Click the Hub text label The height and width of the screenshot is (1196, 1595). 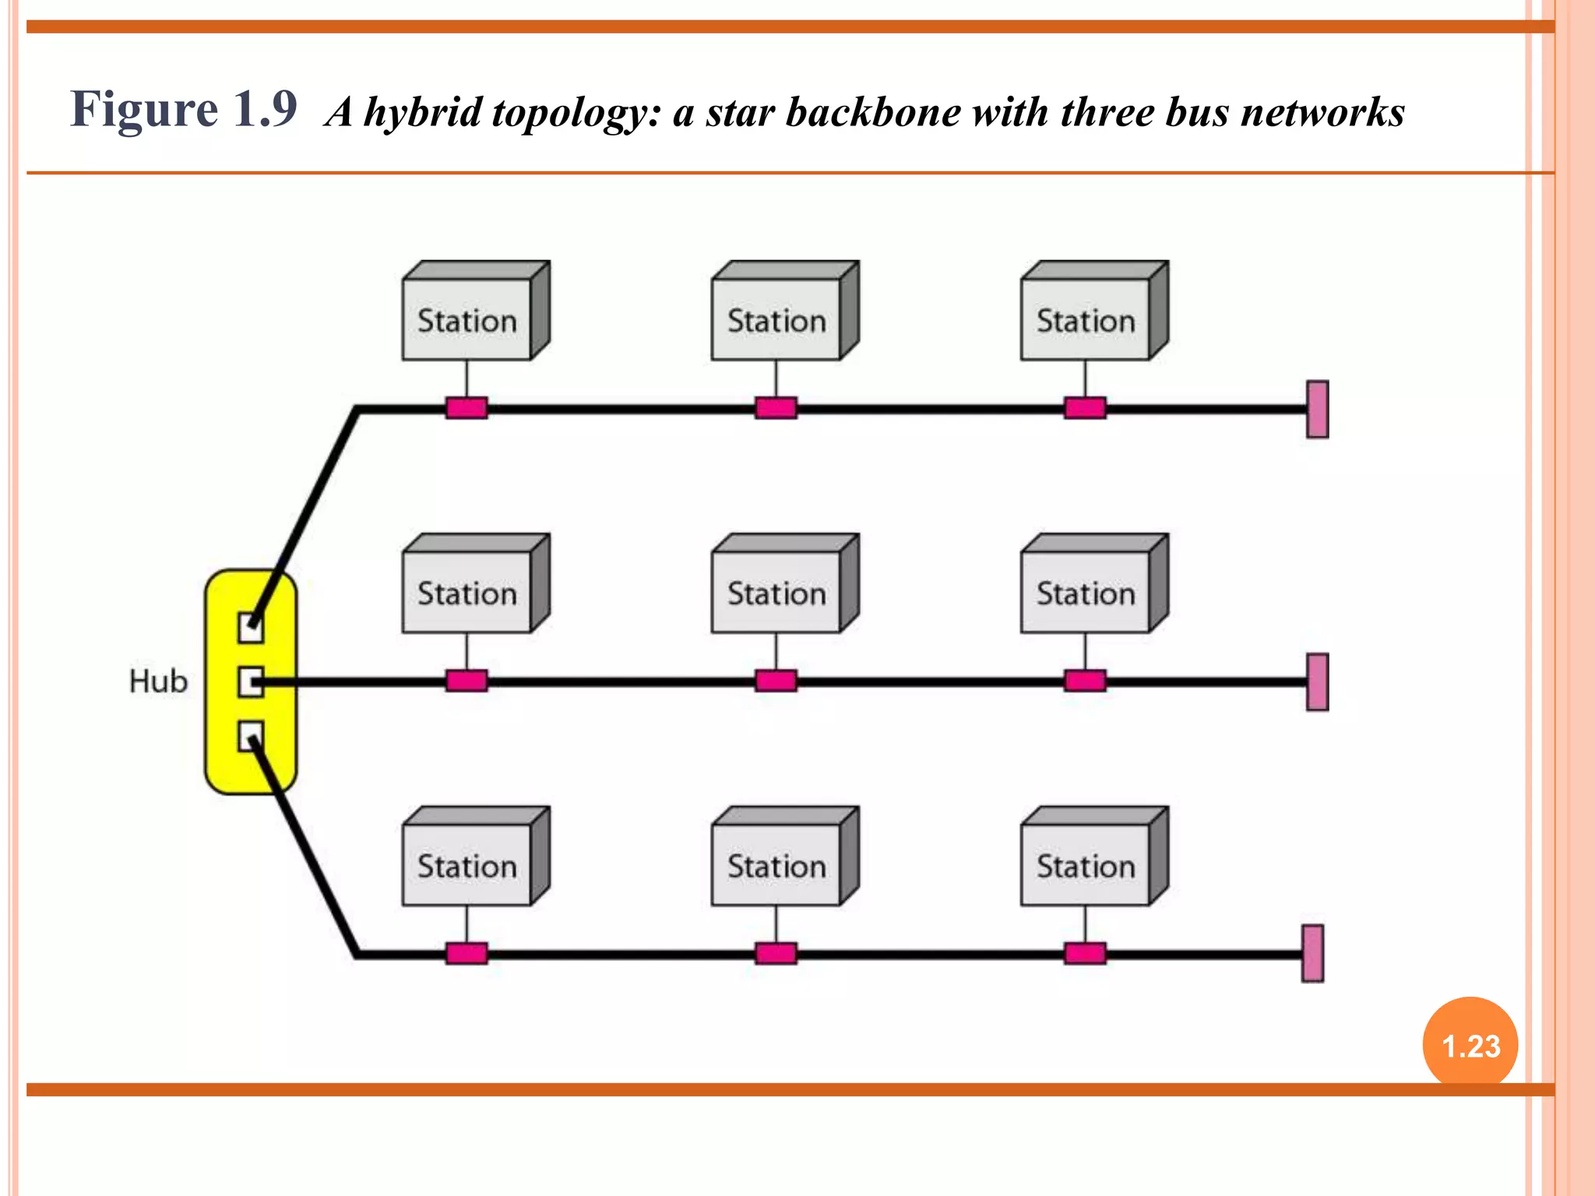point(158,681)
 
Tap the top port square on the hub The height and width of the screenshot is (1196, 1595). point(250,628)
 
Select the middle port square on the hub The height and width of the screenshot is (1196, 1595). point(250,682)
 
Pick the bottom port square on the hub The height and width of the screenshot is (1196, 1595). point(250,736)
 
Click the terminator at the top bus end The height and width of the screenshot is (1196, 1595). point(1317,409)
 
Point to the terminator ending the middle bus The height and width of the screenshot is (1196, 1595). point(1317,682)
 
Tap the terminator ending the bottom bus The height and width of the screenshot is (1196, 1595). point(1312,953)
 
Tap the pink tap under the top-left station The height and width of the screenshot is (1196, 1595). point(467,408)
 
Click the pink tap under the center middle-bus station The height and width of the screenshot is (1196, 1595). point(776,681)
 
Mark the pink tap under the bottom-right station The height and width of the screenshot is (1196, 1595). point(1085,953)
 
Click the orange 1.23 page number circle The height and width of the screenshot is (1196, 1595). point(1470,1045)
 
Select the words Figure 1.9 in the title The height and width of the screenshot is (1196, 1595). point(184,109)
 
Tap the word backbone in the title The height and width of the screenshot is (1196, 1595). point(873,113)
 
